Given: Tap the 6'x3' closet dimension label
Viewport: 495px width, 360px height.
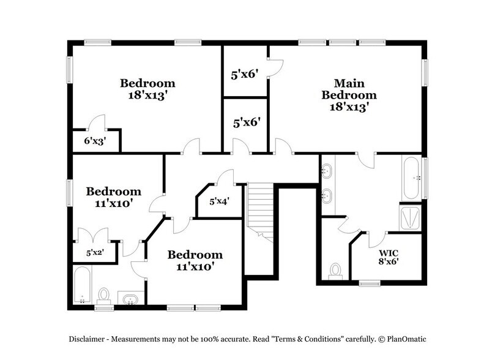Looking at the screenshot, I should pos(94,140).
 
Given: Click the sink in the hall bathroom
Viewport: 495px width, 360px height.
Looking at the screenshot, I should pos(129,299).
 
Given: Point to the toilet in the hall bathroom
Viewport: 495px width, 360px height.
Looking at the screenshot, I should pos(104,296).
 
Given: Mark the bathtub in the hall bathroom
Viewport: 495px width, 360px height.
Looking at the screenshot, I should pos(83,285).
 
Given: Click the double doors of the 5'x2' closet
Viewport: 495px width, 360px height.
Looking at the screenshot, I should pos(93,235).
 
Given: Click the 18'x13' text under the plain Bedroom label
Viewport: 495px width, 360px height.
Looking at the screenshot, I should pos(147,96).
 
